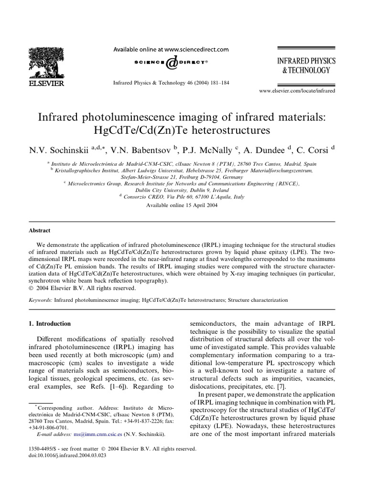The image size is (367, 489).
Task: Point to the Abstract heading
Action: point(40,230)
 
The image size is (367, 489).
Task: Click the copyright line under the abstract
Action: point(82,288)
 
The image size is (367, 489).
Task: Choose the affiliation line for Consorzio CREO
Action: point(183,196)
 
